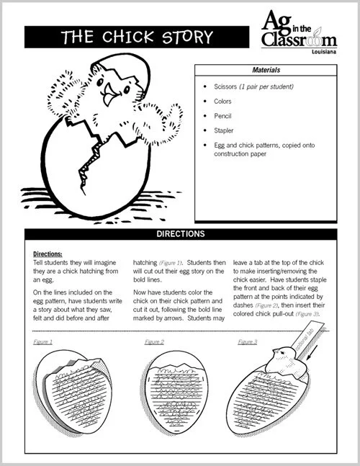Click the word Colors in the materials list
coord(222,102)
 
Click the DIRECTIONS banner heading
coord(180,234)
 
